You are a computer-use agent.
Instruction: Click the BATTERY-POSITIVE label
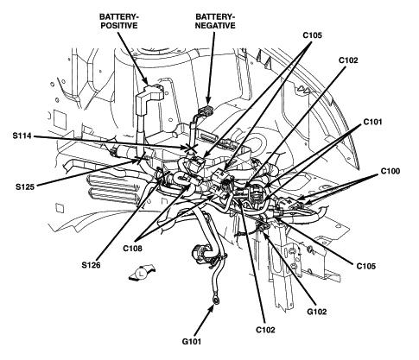tap(118, 21)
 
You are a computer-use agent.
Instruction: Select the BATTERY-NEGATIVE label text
tap(215, 21)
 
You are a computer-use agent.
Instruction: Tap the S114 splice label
tap(22, 136)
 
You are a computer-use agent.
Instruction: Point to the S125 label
tap(25, 187)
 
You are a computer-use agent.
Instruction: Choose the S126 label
tap(91, 265)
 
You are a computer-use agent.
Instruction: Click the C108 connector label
tap(132, 248)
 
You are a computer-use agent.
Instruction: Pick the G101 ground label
tap(192, 342)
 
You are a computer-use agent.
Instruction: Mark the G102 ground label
tap(317, 312)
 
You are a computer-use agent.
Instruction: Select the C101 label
tap(372, 122)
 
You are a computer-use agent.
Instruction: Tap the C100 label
tap(390, 171)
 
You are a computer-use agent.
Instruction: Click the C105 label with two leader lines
tap(312, 35)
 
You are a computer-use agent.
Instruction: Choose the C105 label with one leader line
tap(366, 266)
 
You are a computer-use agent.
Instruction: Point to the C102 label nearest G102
tap(265, 330)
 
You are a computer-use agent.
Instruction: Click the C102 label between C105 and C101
tap(348, 60)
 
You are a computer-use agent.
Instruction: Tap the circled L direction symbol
tap(142, 273)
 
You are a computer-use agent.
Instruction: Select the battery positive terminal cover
tap(149, 95)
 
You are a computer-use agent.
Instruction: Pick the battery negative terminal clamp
tap(206, 111)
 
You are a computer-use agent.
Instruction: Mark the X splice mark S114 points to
tap(191, 148)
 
